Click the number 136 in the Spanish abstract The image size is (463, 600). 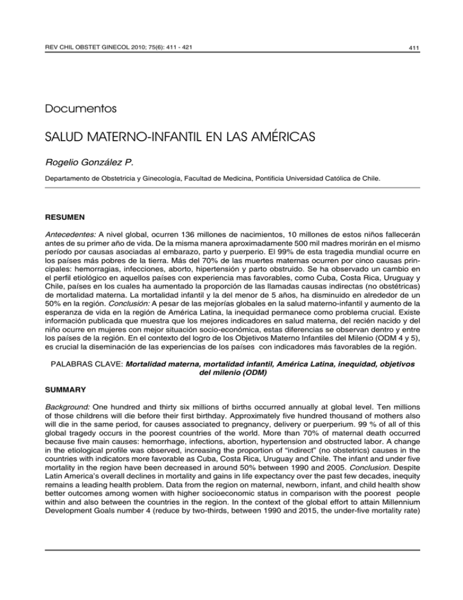click(x=163, y=232)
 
